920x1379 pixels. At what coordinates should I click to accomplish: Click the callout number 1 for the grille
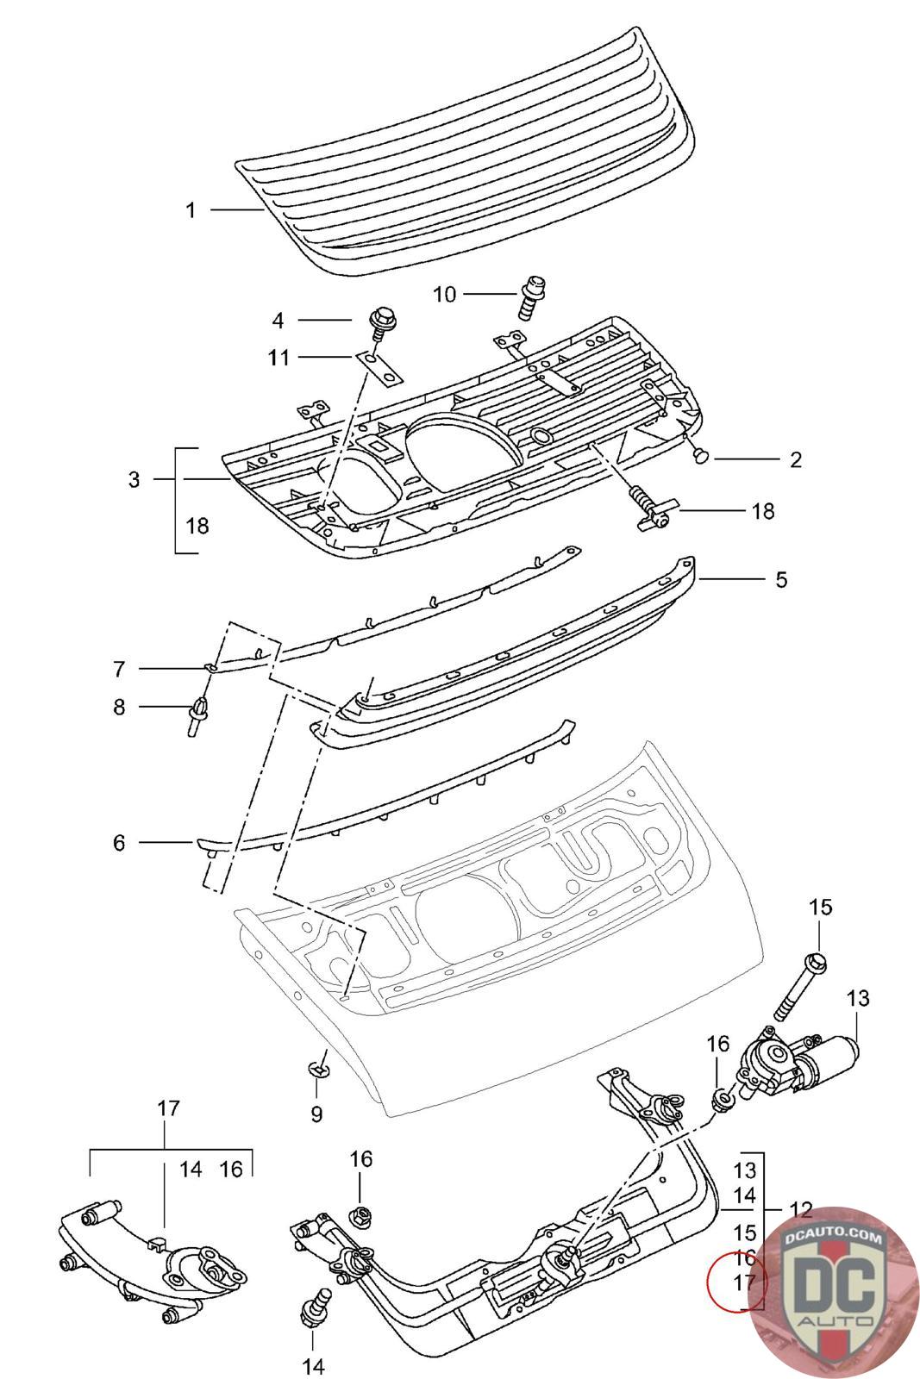191,209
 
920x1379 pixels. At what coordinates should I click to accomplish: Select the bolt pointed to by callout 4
379,325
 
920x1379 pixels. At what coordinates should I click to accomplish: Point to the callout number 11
279,357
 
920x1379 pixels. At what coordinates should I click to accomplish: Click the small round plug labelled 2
700,453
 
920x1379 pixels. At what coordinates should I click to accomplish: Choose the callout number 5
780,579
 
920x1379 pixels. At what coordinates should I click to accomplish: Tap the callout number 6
119,842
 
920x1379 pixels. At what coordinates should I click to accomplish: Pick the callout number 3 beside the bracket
134,479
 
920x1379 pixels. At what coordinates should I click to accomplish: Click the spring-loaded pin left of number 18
653,508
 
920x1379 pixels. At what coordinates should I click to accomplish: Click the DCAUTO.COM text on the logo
834,1239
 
